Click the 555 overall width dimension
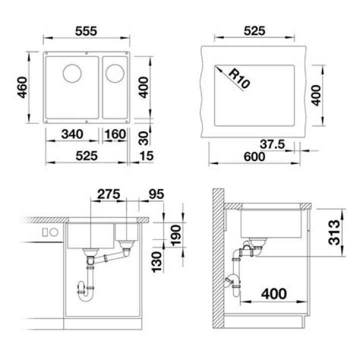[x=86, y=31]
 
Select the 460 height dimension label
[x=22, y=87]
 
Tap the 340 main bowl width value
[x=72, y=134]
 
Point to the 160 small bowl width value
[x=115, y=134]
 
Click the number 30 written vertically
[x=144, y=138]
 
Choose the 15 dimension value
[x=146, y=156]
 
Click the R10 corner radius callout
[x=239, y=78]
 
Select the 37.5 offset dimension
[x=272, y=144]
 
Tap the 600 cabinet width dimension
[x=254, y=157]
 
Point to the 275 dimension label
[x=108, y=194]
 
